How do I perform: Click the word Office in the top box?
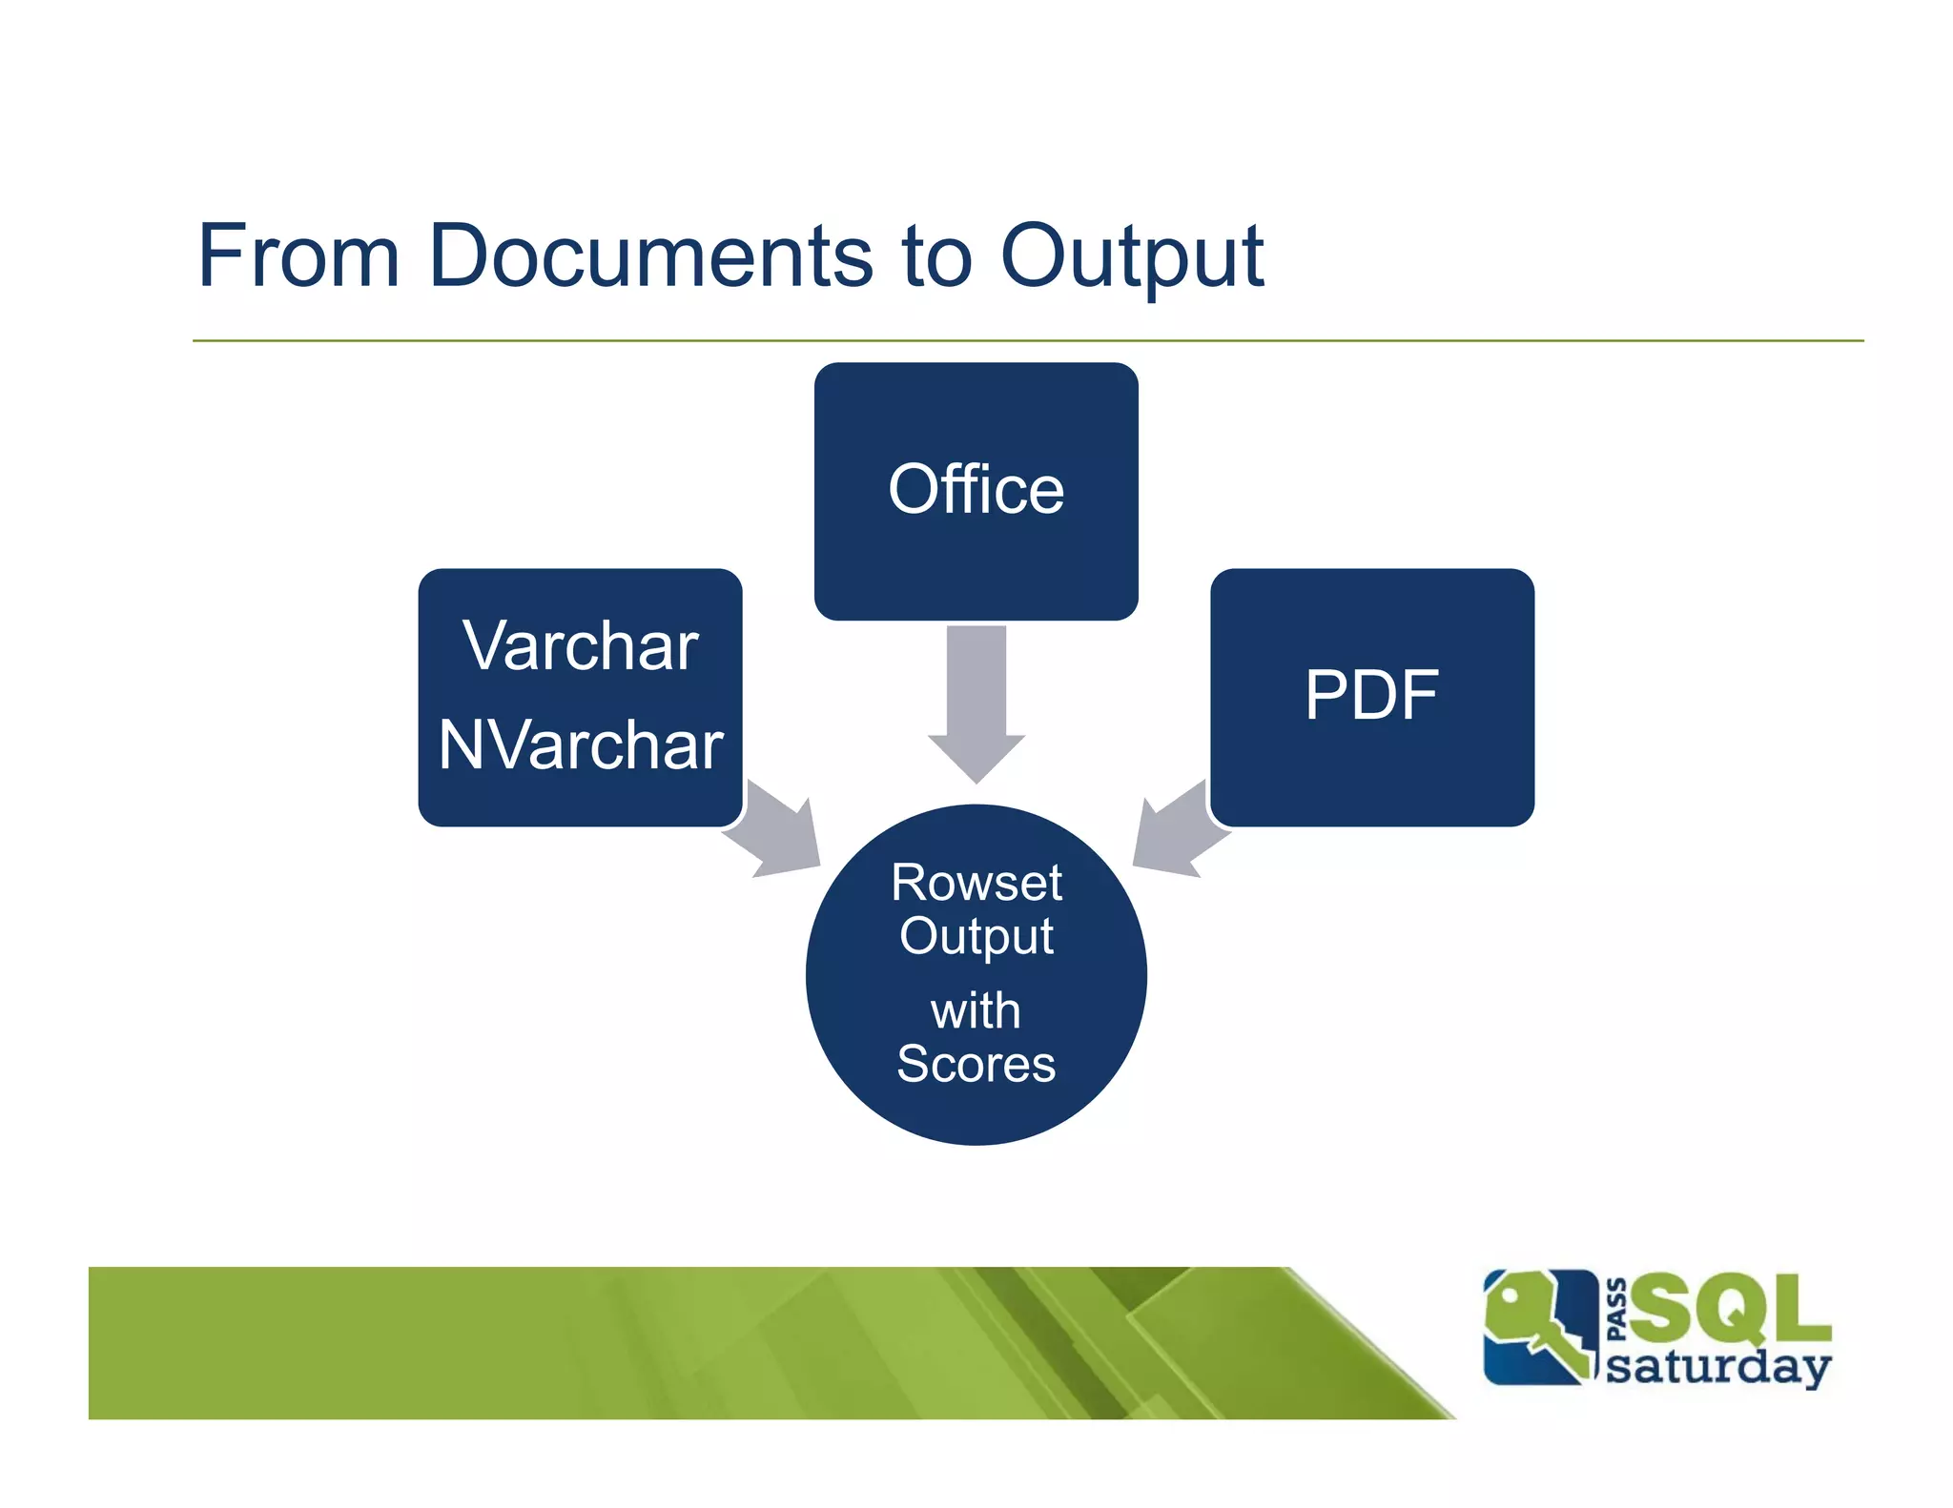click(x=976, y=489)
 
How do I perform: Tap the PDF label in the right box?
click(x=1370, y=695)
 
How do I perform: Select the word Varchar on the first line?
click(x=580, y=645)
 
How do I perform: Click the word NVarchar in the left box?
click(x=580, y=744)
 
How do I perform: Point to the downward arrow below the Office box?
click(x=976, y=705)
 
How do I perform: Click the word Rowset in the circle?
click(x=976, y=882)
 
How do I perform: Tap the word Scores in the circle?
click(x=976, y=1064)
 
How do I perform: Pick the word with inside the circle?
click(x=976, y=1010)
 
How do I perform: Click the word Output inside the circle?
click(x=976, y=936)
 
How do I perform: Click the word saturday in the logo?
click(x=1717, y=1366)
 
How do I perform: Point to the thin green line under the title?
click(x=1027, y=340)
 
